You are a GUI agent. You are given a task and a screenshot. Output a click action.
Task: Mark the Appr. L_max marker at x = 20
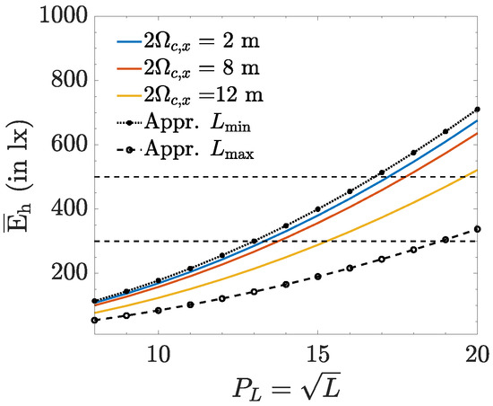(477, 229)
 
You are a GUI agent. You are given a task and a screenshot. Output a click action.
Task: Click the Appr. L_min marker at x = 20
(477, 110)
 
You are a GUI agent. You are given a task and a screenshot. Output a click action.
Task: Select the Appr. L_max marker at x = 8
(95, 320)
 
